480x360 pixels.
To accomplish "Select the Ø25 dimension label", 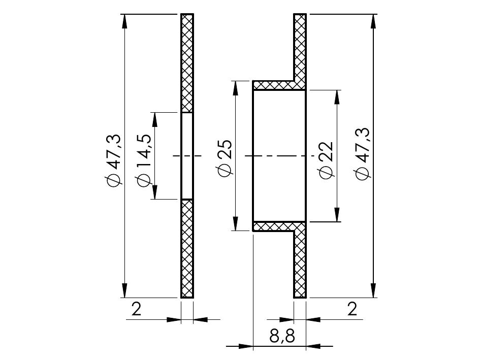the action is pyautogui.click(x=225, y=158).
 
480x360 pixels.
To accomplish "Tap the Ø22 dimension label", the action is pyautogui.click(x=326, y=160).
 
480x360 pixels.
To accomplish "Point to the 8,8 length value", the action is pyautogui.click(x=282, y=336).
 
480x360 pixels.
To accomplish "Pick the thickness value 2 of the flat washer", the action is pyautogui.click(x=136, y=309).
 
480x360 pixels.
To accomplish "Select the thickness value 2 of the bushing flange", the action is pyautogui.click(x=353, y=309).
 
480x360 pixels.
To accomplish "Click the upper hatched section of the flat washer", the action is pyautogui.click(x=187, y=63).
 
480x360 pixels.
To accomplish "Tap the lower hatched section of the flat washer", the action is pyautogui.click(x=187, y=249).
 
